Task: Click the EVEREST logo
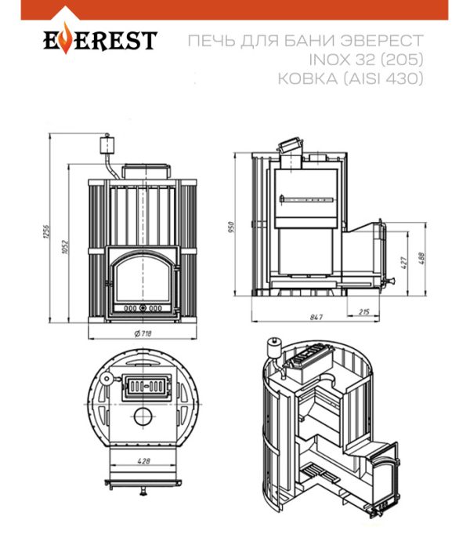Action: pyautogui.click(x=100, y=41)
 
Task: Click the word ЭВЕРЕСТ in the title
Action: pyautogui.click(x=382, y=41)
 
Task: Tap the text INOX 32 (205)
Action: pyautogui.click(x=366, y=60)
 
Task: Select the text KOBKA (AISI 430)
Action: pyautogui.click(x=350, y=78)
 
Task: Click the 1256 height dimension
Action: pyautogui.click(x=47, y=231)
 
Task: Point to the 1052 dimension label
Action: pyautogui.click(x=65, y=247)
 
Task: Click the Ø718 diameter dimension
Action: pyautogui.click(x=143, y=333)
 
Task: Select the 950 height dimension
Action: pyautogui.click(x=231, y=227)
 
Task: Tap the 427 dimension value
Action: pyautogui.click(x=404, y=263)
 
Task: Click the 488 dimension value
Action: pyautogui.click(x=421, y=258)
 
